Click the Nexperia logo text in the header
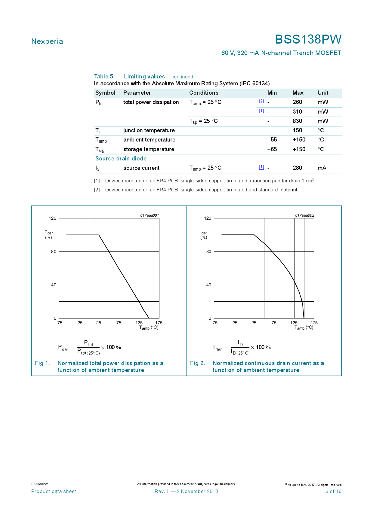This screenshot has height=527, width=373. click(47, 41)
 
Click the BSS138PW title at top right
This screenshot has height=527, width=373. click(308, 39)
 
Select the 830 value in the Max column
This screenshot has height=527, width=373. click(297, 121)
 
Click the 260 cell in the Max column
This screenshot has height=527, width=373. click(297, 102)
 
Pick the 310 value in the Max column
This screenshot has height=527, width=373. click(297, 112)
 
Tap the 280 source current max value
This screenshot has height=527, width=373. click(297, 168)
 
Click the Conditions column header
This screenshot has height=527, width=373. click(204, 93)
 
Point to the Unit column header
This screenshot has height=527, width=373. click(323, 93)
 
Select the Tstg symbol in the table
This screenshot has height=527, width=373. click(100, 150)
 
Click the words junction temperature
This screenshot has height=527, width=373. click(149, 130)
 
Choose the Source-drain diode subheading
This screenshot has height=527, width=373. click(121, 159)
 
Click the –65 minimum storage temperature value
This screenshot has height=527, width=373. click(272, 149)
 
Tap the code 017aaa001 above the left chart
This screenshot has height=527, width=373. click(150, 215)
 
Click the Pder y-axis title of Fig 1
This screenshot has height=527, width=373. click(48, 235)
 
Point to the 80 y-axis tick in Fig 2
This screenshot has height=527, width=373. click(209, 251)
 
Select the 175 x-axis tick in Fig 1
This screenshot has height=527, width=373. click(159, 323)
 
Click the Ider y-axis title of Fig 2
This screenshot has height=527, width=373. click(204, 235)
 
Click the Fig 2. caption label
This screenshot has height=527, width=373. click(197, 363)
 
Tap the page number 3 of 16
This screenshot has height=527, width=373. click(333, 492)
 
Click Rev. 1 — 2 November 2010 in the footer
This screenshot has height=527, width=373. click(186, 492)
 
